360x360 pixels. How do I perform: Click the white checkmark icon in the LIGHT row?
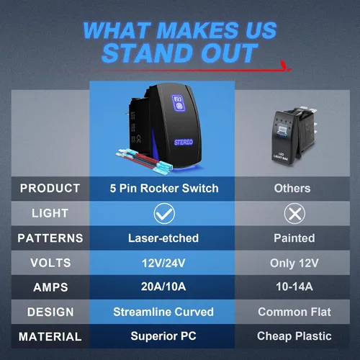[x=164, y=213]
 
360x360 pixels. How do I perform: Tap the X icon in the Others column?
[x=294, y=213]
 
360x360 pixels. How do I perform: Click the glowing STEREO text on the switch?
[x=184, y=143]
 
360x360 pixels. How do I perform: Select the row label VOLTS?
[x=50, y=263]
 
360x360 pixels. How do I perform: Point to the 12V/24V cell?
[x=163, y=263]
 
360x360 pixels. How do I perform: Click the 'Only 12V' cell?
[x=294, y=264]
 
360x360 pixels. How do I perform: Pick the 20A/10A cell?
[x=163, y=287]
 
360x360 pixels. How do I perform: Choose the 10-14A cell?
[x=294, y=287]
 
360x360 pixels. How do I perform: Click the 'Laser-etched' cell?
[x=163, y=238]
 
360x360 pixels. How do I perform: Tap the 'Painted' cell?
[x=294, y=238]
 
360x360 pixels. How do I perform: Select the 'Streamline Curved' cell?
[x=163, y=312]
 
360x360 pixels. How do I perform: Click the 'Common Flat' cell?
[x=294, y=312]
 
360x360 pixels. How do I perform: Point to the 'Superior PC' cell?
[x=163, y=336]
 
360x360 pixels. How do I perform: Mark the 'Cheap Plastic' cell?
[x=294, y=336]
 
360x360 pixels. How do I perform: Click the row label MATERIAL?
[x=50, y=336]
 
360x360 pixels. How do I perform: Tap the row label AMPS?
[x=50, y=287]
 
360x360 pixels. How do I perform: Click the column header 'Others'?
[x=292, y=189]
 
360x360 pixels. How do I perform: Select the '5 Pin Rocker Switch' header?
[x=164, y=189]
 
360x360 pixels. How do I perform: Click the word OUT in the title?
[x=230, y=53]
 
